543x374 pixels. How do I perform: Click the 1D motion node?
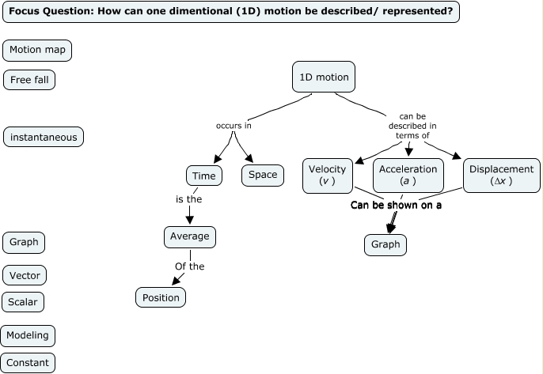point(323,77)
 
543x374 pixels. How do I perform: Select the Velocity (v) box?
point(328,175)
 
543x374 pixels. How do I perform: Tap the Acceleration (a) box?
point(408,175)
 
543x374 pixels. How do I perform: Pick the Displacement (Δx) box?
point(501,175)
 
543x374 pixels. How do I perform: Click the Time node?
point(203,175)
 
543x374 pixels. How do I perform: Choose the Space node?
point(263,175)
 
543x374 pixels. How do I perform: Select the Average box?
point(190,236)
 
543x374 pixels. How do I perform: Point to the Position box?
point(161,297)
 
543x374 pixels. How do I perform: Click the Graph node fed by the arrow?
point(385,244)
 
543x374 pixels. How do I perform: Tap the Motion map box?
point(37,51)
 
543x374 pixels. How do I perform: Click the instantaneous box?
point(44,137)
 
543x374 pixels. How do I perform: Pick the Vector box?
point(25,276)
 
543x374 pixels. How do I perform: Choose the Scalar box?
point(24,302)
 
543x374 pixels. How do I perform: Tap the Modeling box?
point(28,335)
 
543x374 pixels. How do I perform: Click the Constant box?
point(28,363)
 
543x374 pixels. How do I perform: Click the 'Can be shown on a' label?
point(396,205)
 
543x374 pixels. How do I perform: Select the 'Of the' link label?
point(189,266)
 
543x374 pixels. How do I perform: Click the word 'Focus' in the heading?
point(25,12)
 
